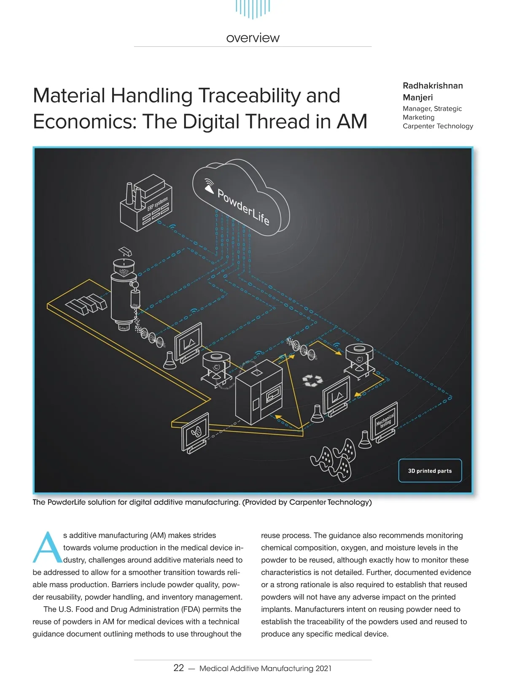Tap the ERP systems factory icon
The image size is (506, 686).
[x=145, y=205]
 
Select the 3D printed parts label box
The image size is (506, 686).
[x=430, y=470]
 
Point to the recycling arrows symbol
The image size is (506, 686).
[x=312, y=380]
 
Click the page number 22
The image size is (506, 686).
[x=179, y=668]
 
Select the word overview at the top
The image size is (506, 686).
[x=253, y=38]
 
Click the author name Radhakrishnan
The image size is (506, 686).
[x=433, y=86]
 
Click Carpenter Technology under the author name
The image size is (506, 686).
[x=438, y=126]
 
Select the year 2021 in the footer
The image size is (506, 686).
[x=323, y=668]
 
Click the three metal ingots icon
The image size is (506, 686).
[x=86, y=302]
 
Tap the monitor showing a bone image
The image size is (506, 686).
[x=195, y=430]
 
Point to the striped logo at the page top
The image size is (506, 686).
[x=253, y=8]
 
